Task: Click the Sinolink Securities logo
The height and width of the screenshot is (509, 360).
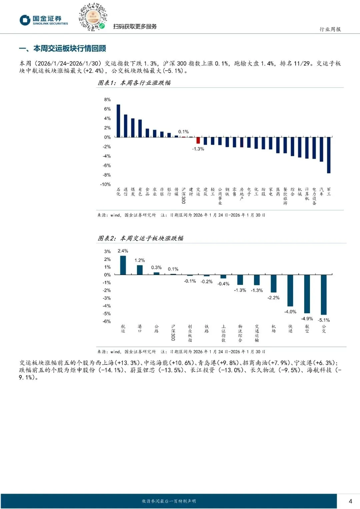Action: (43, 20)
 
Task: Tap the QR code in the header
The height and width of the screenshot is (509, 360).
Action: (93, 17)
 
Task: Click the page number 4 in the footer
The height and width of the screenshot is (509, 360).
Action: (350, 501)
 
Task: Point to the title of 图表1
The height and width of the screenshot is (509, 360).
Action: (134, 83)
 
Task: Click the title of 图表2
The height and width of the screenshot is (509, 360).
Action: (140, 238)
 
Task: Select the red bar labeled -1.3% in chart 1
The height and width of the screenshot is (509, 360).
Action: (198, 140)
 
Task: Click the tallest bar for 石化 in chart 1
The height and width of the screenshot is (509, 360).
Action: (118, 121)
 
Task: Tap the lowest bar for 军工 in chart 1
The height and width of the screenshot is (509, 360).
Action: (329, 155)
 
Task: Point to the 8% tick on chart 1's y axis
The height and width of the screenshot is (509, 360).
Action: (107, 100)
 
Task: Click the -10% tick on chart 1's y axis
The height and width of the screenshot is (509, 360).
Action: (106, 184)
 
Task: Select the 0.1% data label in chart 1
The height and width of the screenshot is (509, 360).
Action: (183, 132)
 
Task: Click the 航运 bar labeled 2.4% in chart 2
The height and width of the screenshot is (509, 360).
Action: (123, 265)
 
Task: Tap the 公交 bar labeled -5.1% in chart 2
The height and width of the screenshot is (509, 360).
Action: (324, 295)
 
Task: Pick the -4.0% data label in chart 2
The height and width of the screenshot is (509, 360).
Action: (290, 312)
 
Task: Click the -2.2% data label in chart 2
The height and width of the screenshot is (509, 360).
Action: (273, 298)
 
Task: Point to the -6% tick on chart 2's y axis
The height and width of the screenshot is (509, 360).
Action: (107, 321)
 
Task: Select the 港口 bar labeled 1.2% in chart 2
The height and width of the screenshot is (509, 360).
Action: (140, 270)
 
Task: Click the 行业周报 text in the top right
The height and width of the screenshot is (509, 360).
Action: (330, 29)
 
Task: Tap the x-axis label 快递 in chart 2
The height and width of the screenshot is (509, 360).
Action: (290, 329)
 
